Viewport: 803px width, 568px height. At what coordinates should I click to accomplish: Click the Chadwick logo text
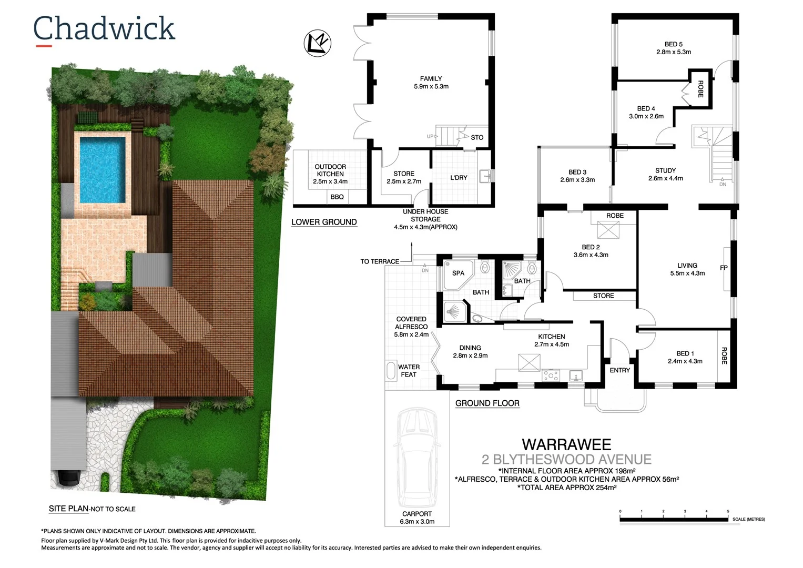point(104,29)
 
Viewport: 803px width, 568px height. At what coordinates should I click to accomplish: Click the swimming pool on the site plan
point(102,169)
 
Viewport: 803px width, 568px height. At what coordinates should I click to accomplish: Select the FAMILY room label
point(431,79)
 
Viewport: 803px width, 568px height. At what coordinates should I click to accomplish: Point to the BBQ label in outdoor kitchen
point(337,197)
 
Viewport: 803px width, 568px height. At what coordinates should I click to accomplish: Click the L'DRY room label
point(459,178)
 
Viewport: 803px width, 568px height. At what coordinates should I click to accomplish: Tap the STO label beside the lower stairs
point(477,138)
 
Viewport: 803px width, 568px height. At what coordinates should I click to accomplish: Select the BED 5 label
point(673,45)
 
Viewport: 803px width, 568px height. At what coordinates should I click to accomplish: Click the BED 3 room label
point(577,173)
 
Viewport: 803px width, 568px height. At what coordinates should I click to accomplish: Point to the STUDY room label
point(665,171)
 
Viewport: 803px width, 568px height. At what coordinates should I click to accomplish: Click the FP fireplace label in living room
point(724,268)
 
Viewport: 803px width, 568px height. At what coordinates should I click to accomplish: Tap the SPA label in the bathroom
point(458,273)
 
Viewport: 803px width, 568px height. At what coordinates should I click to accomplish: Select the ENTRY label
point(619,371)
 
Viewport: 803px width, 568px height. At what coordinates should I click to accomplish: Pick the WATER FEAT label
point(409,371)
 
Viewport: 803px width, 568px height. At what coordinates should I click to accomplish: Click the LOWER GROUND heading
point(324,222)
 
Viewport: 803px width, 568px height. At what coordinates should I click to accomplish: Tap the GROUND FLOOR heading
point(487,403)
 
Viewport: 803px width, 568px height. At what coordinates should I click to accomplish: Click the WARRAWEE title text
point(566,445)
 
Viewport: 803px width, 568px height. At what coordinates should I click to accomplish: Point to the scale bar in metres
point(674,520)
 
